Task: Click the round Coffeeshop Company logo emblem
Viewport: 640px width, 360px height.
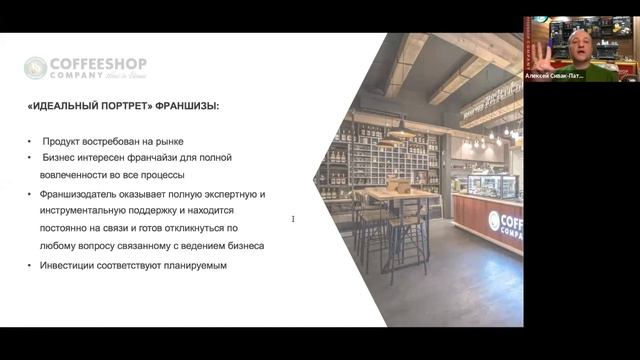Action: [35, 67]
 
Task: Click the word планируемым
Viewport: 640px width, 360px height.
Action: [198, 265]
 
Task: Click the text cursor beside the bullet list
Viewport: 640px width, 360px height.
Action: [292, 219]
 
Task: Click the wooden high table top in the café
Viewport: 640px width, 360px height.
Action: [390, 192]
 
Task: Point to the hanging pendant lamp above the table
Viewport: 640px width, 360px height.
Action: [401, 130]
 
